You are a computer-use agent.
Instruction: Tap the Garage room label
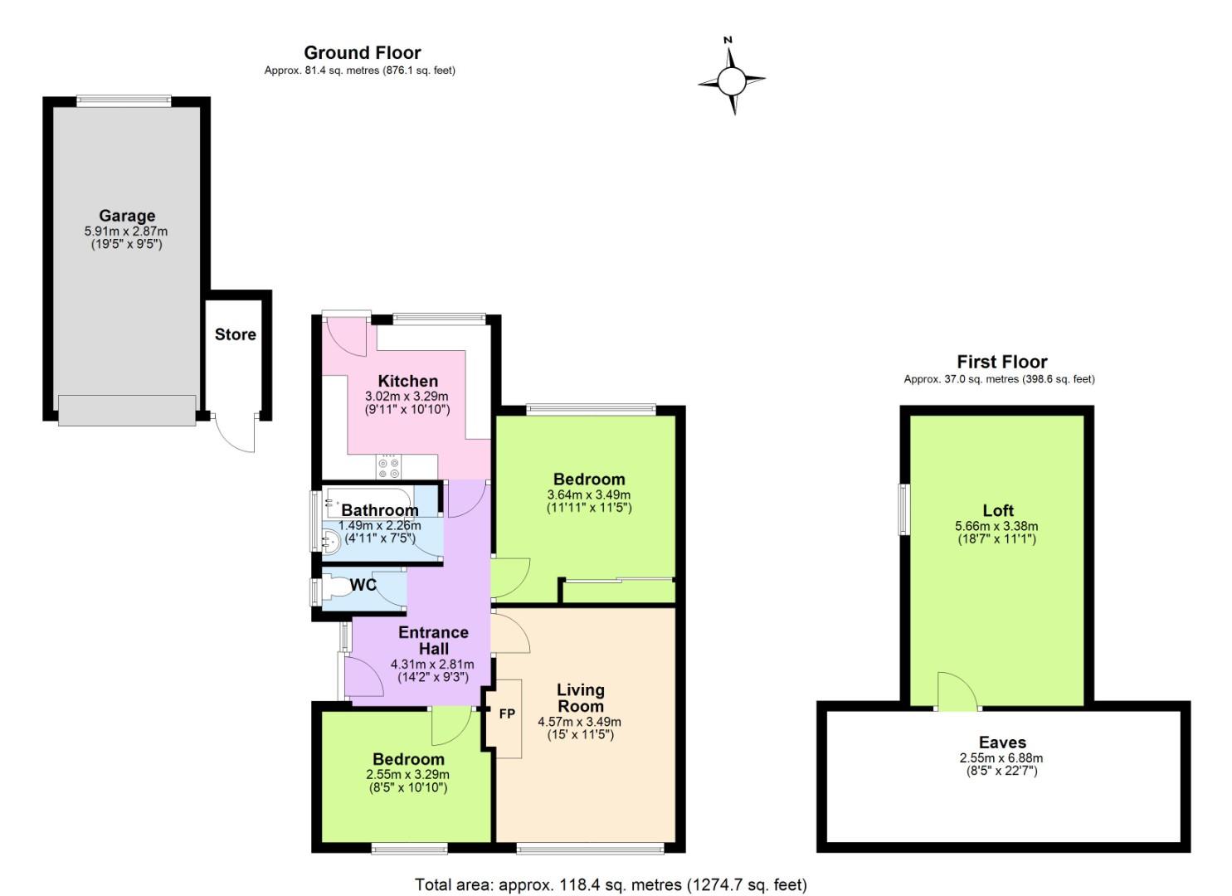[x=127, y=216]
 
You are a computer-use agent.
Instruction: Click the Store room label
[x=236, y=334]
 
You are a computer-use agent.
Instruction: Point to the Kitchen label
[x=407, y=381]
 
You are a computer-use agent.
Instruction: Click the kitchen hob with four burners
[x=388, y=467]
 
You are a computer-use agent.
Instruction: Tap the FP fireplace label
[x=506, y=713]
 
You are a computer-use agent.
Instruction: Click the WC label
[x=363, y=585]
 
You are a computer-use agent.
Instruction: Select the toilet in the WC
[x=335, y=588]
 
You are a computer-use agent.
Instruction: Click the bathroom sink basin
[x=330, y=541]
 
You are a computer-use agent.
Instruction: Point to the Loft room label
[x=998, y=510]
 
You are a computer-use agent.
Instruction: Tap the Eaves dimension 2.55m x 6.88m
[x=1001, y=757]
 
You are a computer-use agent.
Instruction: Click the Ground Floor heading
[x=362, y=52]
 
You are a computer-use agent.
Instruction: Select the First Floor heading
[x=1001, y=362]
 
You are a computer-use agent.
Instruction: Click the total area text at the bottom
[x=611, y=884]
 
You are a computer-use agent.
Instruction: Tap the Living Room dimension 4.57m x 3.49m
[x=579, y=722]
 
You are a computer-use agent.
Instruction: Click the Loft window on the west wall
[x=905, y=509]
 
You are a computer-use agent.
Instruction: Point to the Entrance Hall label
[x=433, y=640]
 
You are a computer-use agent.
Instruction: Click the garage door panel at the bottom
[x=127, y=411]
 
